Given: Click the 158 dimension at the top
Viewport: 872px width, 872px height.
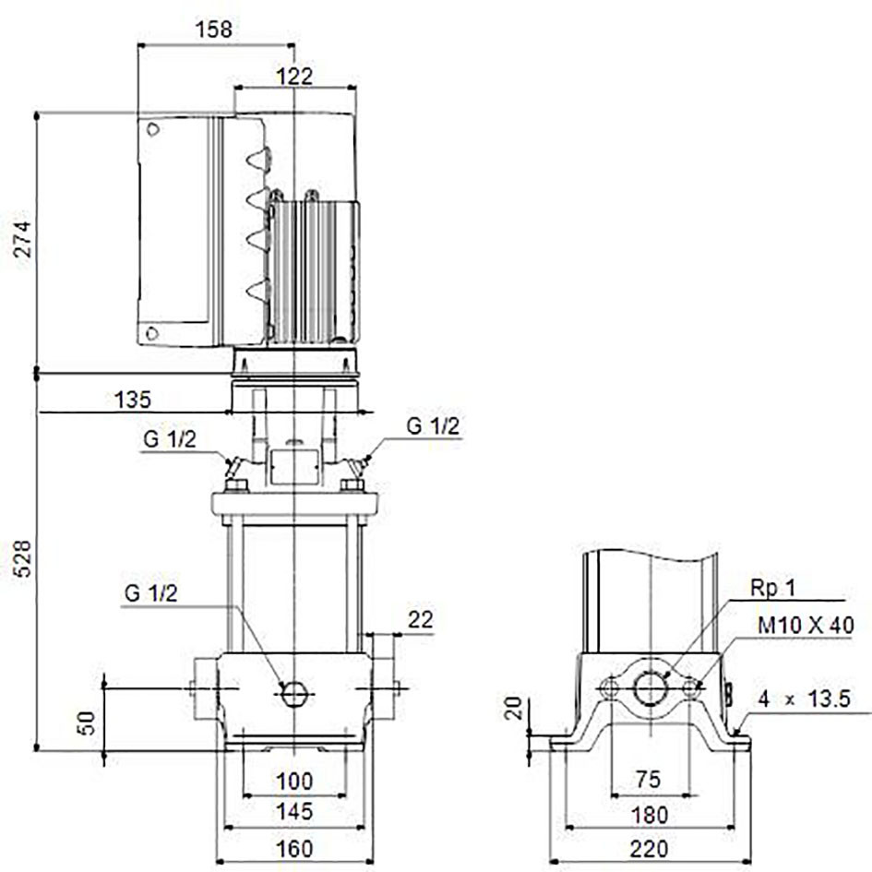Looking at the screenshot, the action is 213,29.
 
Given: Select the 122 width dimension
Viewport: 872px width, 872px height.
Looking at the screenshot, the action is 294,76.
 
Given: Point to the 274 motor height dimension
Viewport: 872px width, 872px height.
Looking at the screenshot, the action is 23,239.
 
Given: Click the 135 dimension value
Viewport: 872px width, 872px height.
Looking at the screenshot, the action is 132,400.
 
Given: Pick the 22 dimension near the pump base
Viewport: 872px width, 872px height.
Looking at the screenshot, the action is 421,619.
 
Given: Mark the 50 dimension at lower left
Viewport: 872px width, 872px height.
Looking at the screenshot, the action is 88,723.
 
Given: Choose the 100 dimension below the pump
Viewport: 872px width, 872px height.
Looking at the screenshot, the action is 294,782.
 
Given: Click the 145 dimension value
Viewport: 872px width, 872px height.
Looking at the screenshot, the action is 294,811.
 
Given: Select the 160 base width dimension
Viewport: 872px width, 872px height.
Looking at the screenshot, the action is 294,849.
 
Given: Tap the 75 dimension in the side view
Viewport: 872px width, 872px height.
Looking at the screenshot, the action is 649,779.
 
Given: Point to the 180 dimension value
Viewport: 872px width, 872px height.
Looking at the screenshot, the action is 649,816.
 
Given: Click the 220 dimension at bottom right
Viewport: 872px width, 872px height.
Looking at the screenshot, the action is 649,849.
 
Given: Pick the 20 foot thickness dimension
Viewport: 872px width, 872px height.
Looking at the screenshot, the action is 514,708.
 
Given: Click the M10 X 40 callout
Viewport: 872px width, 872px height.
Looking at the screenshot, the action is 806,625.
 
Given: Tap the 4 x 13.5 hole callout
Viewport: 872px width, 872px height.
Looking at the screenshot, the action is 804,699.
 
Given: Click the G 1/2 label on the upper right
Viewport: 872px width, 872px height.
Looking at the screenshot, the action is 433,426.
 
